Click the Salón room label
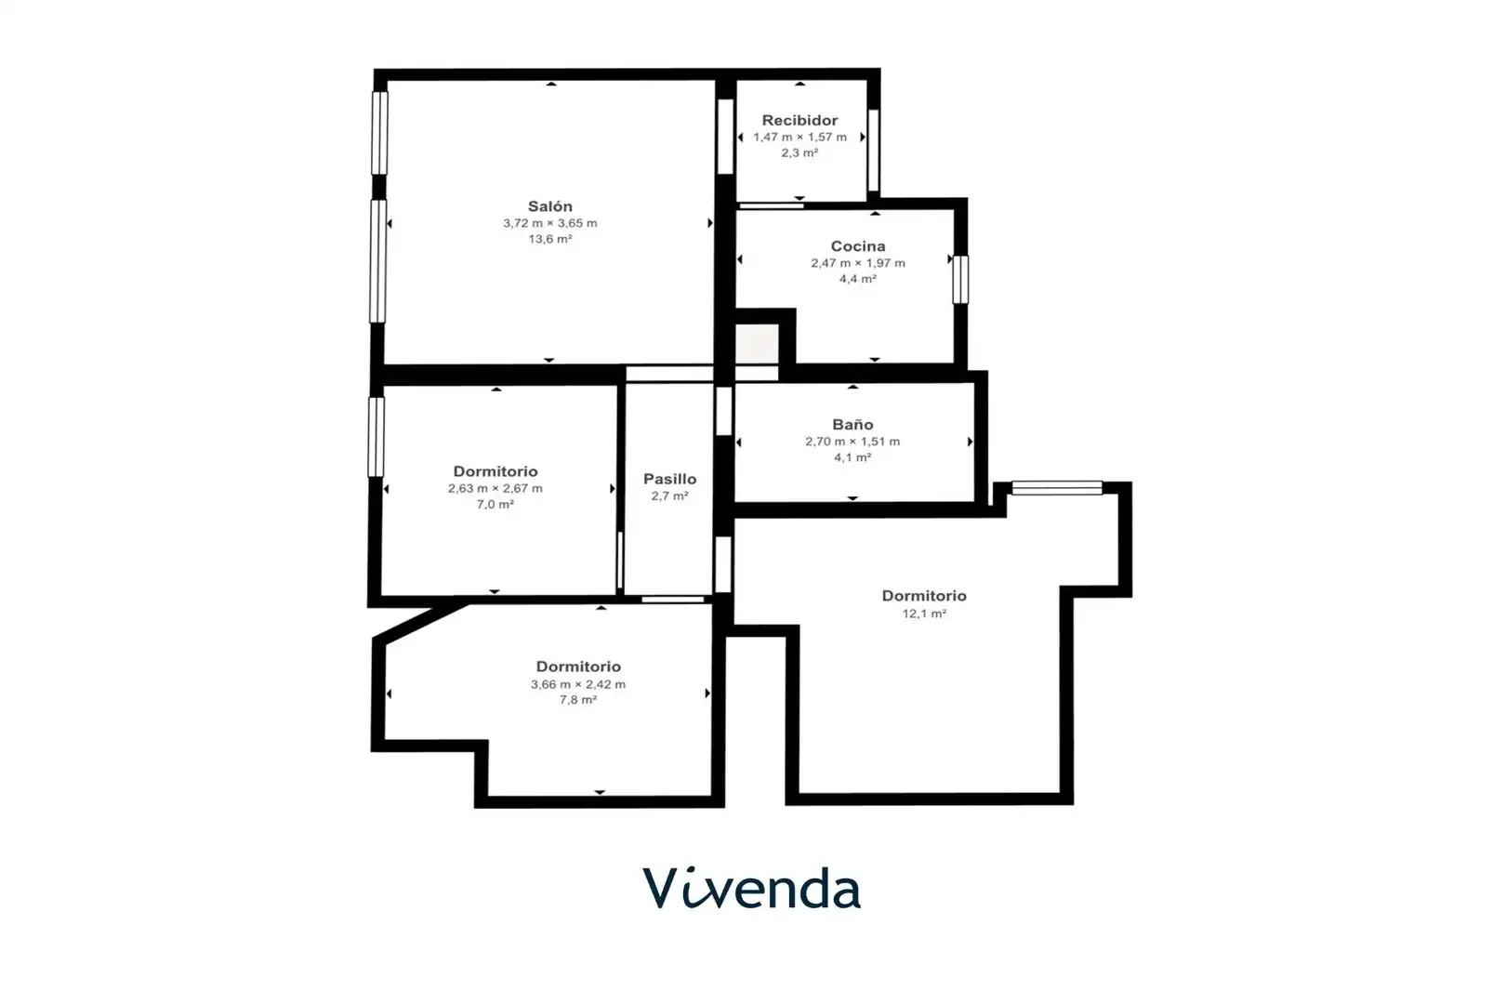(550, 206)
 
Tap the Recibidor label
(799, 120)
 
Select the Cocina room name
(858, 246)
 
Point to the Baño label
(852, 424)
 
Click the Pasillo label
(669, 479)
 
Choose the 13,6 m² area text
(550, 239)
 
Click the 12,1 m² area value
(924, 614)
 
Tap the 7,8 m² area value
(578, 700)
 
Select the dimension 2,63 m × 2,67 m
(495, 488)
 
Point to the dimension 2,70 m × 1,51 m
(852, 442)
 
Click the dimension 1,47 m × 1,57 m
(799, 137)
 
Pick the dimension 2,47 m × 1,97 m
(858, 263)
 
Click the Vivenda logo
(752, 888)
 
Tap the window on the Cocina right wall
(960, 279)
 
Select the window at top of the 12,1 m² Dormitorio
(1057, 487)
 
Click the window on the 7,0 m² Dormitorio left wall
(376, 437)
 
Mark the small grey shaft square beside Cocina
(757, 344)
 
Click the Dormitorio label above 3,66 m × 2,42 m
(578, 667)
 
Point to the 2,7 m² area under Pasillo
(669, 496)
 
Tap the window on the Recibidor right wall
(873, 150)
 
